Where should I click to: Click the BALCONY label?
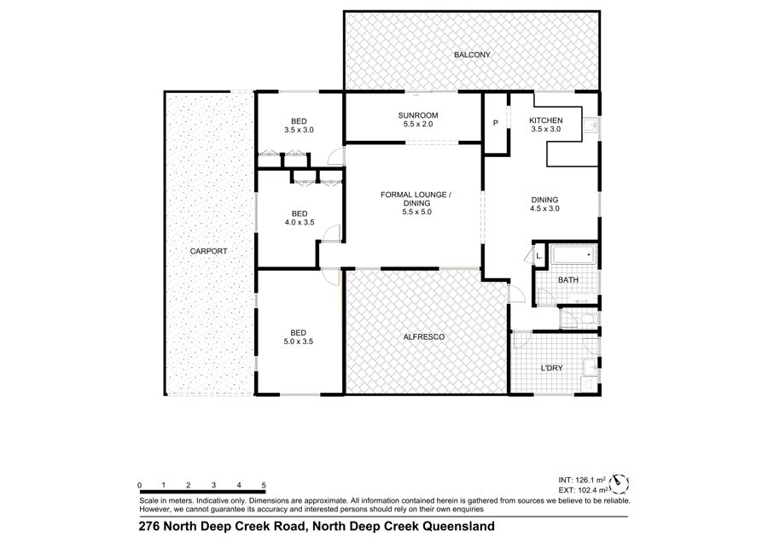[x=472, y=55]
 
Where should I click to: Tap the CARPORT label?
[x=209, y=251]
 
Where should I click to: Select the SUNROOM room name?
[x=418, y=115]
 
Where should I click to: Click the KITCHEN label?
[x=545, y=120]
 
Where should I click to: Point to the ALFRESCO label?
[x=423, y=337]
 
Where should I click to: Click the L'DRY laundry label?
[x=551, y=368]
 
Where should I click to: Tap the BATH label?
[x=568, y=280]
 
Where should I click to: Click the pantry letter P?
[x=496, y=123]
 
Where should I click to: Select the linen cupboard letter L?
[x=539, y=256]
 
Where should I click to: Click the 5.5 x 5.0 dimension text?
[x=416, y=213]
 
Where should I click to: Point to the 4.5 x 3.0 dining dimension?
[x=544, y=208]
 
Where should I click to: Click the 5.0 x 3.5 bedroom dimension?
[x=299, y=342]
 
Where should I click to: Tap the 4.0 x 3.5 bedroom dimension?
[x=300, y=223]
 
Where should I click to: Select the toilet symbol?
[x=589, y=319]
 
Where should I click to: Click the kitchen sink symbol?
[x=590, y=126]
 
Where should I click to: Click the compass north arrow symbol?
[x=621, y=482]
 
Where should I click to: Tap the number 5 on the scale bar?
[x=264, y=485]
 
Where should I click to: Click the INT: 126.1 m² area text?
[x=582, y=481]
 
